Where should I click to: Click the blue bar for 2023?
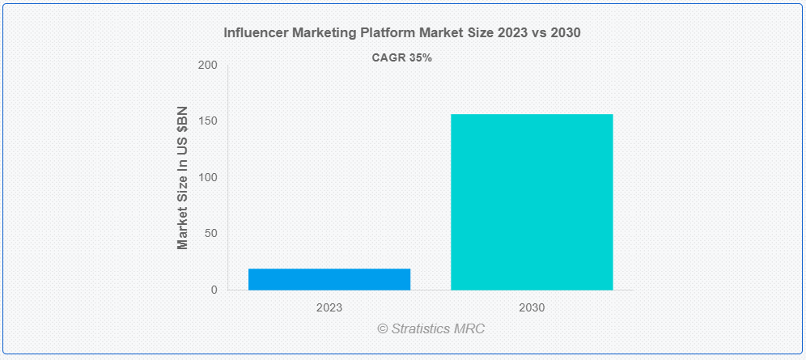tap(329, 279)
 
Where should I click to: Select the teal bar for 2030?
tap(532, 202)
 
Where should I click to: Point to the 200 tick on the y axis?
tap(208, 66)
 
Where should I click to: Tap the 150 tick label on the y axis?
tap(208, 121)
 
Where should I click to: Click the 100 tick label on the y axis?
tap(208, 178)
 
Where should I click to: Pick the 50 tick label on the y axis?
tap(210, 234)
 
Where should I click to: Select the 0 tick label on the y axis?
tap(214, 290)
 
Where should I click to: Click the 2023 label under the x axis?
tap(329, 308)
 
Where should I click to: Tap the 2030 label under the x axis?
tap(532, 308)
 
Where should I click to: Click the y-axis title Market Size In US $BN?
tap(183, 177)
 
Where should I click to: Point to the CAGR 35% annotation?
tap(402, 58)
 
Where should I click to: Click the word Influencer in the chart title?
tap(254, 33)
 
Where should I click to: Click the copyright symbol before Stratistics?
tap(383, 329)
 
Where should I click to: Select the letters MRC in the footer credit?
tap(470, 329)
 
